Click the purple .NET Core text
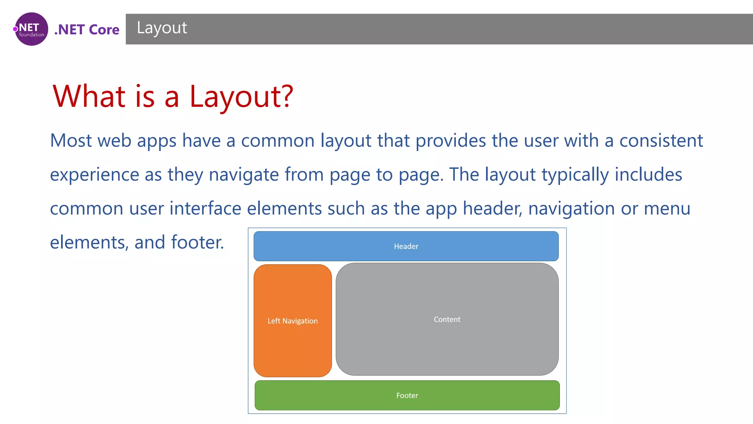tap(87, 29)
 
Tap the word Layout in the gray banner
tap(162, 28)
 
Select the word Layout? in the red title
tap(241, 96)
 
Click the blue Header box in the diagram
tap(406, 246)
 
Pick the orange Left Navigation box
tap(293, 321)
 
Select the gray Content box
tap(447, 319)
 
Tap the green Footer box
tap(407, 395)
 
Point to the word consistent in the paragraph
tap(661, 141)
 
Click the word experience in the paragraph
tap(94, 175)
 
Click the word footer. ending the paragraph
tap(197, 243)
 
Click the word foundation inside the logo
tap(32, 35)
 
